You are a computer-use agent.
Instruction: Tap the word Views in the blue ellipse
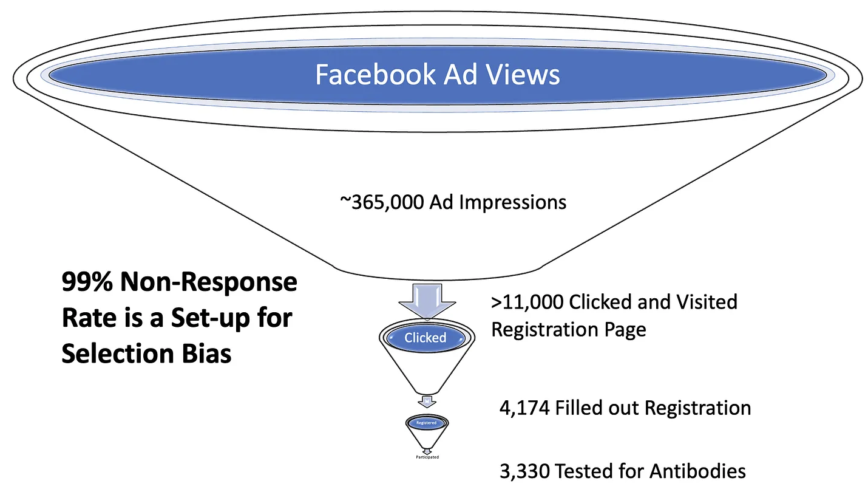526,75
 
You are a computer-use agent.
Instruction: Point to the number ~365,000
382,202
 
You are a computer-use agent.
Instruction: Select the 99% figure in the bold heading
84,284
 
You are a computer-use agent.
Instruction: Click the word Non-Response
206,284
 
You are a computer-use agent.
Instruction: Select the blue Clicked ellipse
426,338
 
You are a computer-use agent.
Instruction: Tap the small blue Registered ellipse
426,422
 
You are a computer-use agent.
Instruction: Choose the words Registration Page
569,329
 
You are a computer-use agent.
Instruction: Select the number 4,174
524,408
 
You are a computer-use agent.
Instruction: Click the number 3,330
523,471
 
